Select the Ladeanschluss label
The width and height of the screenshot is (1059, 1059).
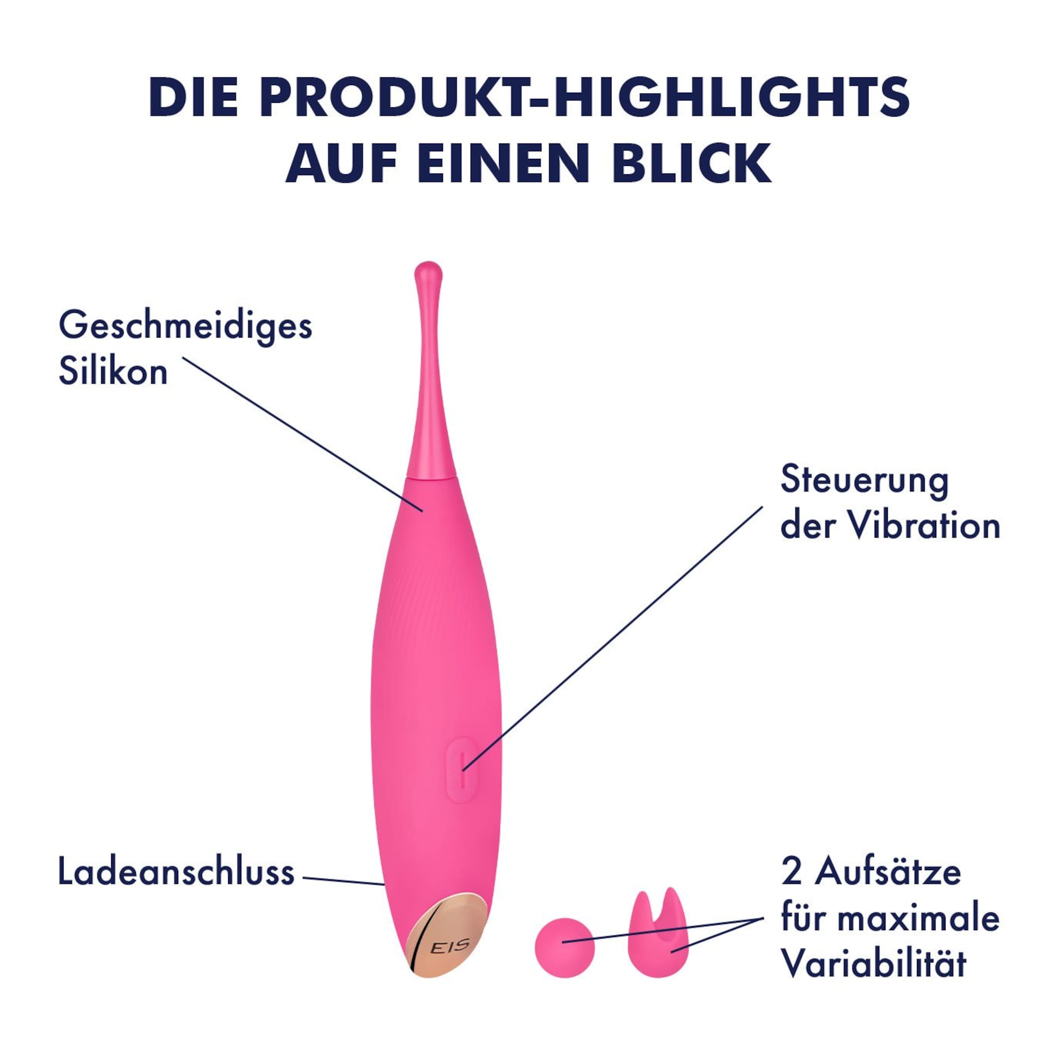(176, 872)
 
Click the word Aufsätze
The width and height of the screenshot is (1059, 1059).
(887, 872)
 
